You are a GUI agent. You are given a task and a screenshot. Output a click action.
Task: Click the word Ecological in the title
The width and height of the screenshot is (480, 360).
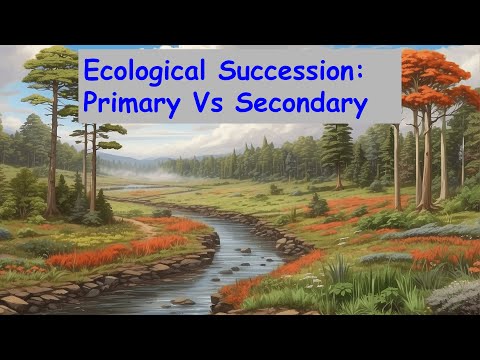(x=146, y=71)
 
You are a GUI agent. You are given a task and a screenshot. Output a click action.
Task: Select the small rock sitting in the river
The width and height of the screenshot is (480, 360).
(x=183, y=300)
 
